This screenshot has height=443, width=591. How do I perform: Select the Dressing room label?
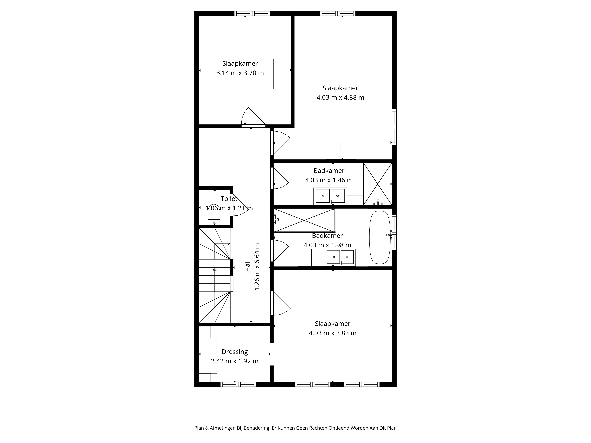click(235, 352)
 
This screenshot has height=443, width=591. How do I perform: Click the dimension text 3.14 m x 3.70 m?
click(240, 73)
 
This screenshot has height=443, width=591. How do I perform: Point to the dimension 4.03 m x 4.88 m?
click(340, 97)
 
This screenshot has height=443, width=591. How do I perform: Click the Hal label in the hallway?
click(248, 267)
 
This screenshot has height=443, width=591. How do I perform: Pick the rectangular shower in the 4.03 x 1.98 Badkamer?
click(304, 220)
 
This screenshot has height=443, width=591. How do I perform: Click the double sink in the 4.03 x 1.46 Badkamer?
click(330, 196)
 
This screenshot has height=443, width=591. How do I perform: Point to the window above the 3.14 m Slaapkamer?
click(252, 13)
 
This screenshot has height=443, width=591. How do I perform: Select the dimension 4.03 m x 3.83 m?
click(332, 333)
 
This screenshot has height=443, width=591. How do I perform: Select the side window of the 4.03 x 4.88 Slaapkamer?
click(394, 127)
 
